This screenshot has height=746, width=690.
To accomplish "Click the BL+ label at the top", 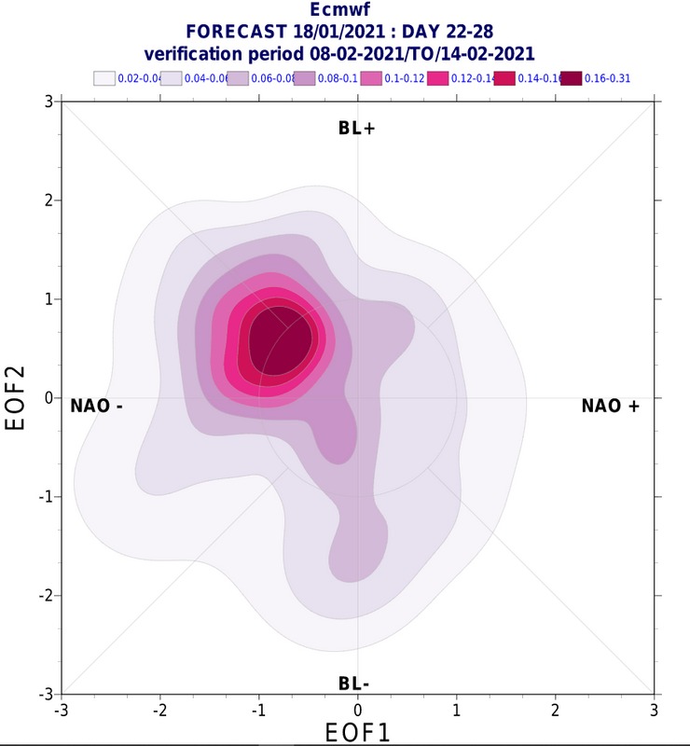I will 356,129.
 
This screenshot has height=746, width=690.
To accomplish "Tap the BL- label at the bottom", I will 354,684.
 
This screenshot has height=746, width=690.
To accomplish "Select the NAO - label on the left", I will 97,406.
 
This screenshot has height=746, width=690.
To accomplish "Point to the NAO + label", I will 611,406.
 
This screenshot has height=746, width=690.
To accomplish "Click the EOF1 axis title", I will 357,732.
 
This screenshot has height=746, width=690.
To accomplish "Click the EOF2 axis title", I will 16,397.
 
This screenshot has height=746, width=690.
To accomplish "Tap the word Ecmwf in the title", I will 345,12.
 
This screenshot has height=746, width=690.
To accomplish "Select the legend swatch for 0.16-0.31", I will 571,78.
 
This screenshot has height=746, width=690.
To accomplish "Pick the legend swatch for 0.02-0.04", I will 104,78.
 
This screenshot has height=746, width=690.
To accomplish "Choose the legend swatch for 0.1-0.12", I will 371,78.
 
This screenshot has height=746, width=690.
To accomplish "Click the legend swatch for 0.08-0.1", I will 304,78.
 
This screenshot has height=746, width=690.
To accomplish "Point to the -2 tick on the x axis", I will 161,710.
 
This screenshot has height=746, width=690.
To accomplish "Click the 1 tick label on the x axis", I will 457,710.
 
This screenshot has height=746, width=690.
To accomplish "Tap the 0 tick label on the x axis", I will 358,710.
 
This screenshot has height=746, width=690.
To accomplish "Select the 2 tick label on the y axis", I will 47,200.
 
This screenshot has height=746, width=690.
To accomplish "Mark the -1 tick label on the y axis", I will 44,496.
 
